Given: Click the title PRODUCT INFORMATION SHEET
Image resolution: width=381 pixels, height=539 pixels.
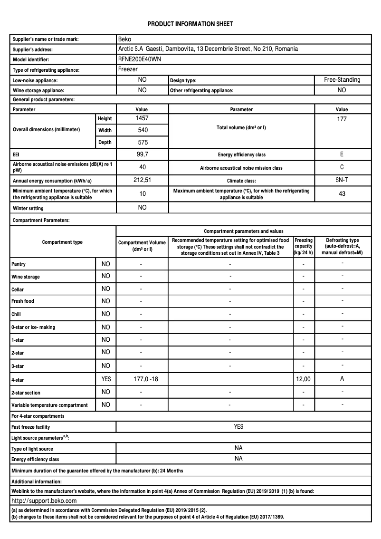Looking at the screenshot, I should (x=190, y=24).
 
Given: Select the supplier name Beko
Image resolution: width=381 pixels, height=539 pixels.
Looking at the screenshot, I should (x=124, y=39).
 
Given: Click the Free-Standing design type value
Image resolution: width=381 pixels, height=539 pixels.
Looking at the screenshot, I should (x=342, y=80).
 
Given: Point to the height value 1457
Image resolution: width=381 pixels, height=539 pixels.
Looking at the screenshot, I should (x=143, y=118).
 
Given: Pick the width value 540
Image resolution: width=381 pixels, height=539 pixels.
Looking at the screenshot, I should (x=143, y=130).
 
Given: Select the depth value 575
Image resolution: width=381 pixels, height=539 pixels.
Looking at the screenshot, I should (x=143, y=142).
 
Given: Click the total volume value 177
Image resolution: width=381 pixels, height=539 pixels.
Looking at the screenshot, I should (x=342, y=119).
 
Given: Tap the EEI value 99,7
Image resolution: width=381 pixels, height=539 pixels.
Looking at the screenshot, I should (x=143, y=154).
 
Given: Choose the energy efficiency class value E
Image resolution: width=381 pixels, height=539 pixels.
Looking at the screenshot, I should (x=342, y=154).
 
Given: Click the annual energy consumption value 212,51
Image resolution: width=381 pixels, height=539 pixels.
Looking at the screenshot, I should (x=143, y=180).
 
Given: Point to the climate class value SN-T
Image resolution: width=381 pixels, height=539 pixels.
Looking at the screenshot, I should (x=342, y=180).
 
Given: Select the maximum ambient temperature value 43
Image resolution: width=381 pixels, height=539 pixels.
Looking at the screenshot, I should (x=342, y=193).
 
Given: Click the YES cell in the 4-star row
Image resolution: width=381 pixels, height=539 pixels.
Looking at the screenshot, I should (x=106, y=379).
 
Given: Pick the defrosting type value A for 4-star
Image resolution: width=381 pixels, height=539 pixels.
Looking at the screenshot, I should (x=342, y=379).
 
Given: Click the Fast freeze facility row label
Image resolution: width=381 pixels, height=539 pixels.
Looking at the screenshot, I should (x=31, y=427).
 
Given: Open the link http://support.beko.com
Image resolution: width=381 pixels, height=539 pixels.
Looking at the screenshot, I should (x=44, y=500).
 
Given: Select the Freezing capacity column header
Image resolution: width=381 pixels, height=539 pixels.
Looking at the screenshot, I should (x=304, y=247).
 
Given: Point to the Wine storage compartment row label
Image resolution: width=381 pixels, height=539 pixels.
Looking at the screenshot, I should (x=26, y=277).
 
